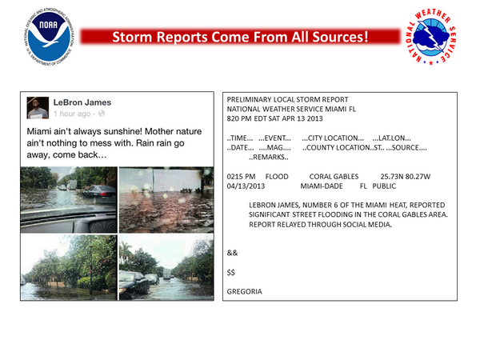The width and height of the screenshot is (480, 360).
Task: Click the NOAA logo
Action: [49, 37]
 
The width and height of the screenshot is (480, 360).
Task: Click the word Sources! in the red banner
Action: [340, 37]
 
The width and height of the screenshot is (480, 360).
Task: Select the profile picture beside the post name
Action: [38, 108]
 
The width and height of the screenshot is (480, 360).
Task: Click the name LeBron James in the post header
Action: [82, 102]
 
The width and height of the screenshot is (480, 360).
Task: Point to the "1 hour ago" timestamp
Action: [72, 114]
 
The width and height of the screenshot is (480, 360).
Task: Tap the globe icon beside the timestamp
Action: [102, 114]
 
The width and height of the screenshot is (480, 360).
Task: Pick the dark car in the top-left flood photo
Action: [99, 194]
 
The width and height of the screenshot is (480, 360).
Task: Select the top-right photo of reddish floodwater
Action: [166, 199]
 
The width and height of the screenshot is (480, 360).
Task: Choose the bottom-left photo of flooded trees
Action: [69, 267]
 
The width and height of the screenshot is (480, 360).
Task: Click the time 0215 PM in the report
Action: [241, 177]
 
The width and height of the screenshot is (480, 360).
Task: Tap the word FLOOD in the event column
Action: [277, 177]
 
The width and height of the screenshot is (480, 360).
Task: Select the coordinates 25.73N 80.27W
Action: [406, 177]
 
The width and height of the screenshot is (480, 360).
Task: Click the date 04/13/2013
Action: [246, 186]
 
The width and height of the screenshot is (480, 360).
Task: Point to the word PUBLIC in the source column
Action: [384, 186]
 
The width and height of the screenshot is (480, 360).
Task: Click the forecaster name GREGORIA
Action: [244, 291]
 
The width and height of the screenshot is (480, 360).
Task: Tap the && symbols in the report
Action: [232, 253]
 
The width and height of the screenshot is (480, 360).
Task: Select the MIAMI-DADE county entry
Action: [322, 186]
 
